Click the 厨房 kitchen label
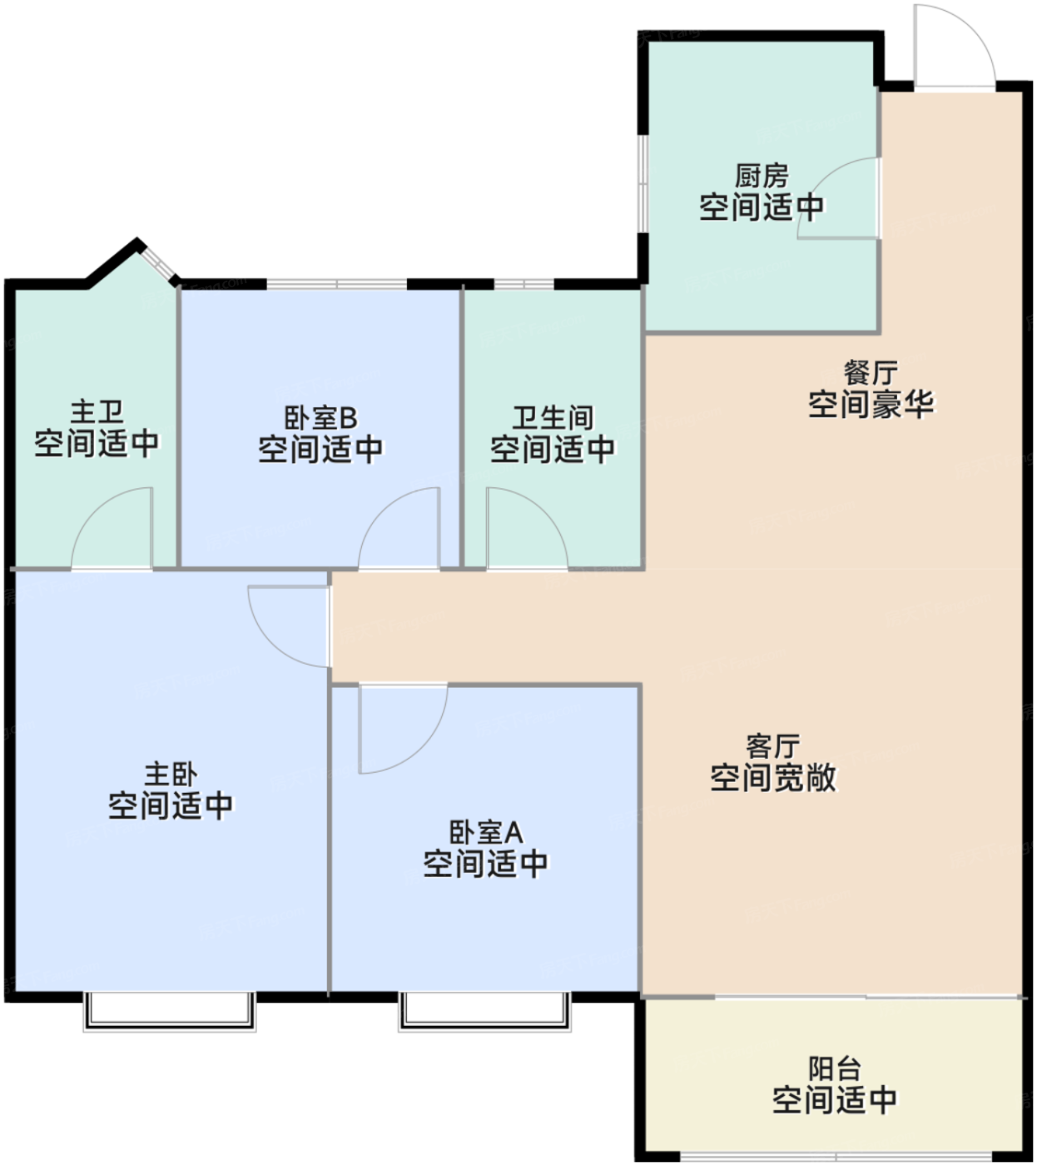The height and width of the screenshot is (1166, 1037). [x=761, y=176]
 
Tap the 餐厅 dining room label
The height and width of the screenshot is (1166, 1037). [x=871, y=372]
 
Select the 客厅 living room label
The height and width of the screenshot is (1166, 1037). [x=772, y=746]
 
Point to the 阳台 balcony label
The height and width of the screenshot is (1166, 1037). [x=835, y=1069]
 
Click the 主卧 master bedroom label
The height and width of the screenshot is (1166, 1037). [x=171, y=774]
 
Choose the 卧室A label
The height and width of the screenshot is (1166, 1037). [x=485, y=832]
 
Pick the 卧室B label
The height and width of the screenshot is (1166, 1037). [x=320, y=418]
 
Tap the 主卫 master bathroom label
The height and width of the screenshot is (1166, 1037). [x=97, y=412]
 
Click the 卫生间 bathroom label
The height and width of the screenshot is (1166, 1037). [x=553, y=418]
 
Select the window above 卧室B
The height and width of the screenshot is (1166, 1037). [x=337, y=284]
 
